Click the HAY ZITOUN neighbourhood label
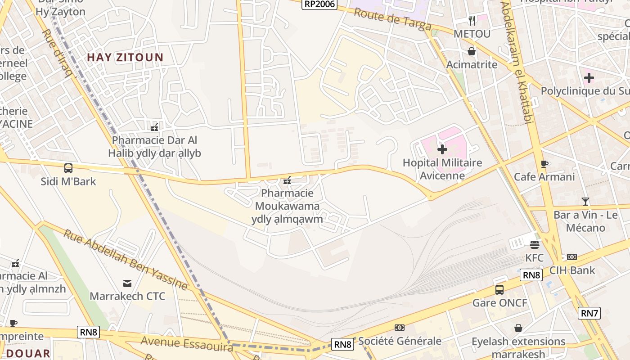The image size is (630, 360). [125, 57]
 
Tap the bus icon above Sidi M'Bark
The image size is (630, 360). [68, 168]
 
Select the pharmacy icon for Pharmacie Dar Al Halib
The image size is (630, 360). [154, 126]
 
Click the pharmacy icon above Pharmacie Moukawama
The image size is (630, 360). [287, 181]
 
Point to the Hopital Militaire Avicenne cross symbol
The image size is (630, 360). [442, 149]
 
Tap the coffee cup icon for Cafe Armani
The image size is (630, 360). [544, 164]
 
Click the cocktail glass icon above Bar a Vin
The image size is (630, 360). [585, 201]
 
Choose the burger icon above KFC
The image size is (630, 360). [535, 244]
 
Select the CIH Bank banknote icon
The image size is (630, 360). [572, 257]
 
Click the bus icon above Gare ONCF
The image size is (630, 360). [499, 289]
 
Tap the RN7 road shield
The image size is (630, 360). [589, 313]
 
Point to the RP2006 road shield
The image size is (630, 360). [319, 4]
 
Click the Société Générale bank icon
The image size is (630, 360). [399, 328]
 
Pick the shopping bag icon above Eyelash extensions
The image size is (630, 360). [518, 328]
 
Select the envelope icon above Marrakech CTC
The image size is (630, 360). [127, 283]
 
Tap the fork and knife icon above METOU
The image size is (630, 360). [472, 20]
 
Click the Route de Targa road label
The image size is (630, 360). [392, 18]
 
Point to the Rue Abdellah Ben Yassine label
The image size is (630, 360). [125, 260]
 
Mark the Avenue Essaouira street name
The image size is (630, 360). [187, 343]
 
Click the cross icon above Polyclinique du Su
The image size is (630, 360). [589, 78]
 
